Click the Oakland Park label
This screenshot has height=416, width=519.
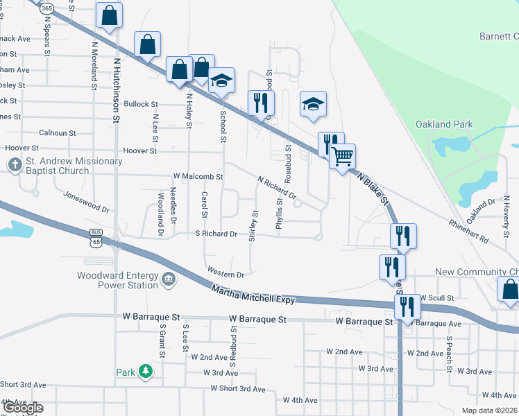pyautogui.click(x=444, y=125)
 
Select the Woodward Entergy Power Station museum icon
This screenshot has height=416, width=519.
pyautogui.click(x=169, y=280)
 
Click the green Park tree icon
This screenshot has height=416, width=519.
pyautogui.click(x=146, y=372)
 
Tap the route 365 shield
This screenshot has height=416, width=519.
pyautogui.click(x=47, y=8)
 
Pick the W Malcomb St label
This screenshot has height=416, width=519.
pyautogui.click(x=198, y=177)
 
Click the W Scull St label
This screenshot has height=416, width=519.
pyautogui.click(x=436, y=297)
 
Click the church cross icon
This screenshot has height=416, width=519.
pyautogui.click(x=15, y=166)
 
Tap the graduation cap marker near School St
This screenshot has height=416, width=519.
pyautogui.click(x=222, y=80)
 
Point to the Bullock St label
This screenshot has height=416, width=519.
pyautogui.click(x=142, y=104)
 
